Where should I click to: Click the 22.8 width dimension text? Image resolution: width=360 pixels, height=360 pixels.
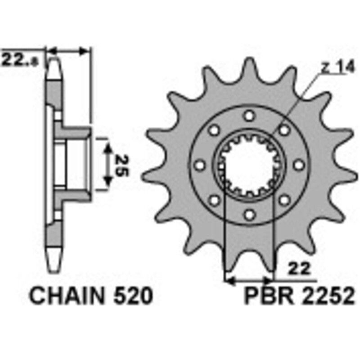(20, 59)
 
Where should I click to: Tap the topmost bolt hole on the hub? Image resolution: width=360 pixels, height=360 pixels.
(248, 116)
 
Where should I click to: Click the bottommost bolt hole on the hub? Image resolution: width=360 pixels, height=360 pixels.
(248, 216)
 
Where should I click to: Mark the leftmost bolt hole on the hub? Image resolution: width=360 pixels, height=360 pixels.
(198, 166)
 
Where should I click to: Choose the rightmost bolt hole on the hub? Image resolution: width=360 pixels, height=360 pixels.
(298, 166)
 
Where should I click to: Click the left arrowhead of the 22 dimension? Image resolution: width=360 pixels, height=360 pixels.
(228, 280)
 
